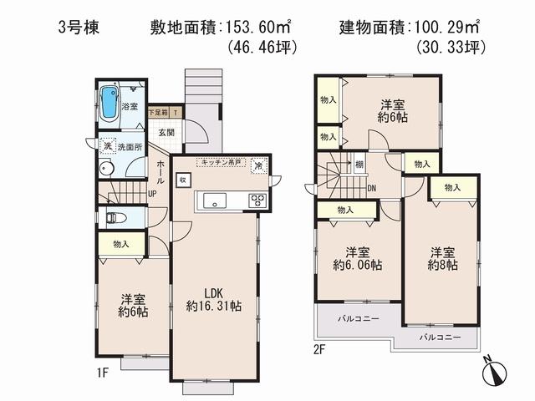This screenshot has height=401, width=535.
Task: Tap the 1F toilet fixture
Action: coord(115,218)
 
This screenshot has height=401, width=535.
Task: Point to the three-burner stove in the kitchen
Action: coord(256,200)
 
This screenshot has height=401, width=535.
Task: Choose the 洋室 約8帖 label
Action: coord(443,258)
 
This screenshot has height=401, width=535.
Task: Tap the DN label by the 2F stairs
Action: coord(370,188)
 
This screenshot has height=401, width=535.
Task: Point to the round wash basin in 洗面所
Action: coord(105,168)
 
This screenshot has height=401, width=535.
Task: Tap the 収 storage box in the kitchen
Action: coord(183,180)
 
